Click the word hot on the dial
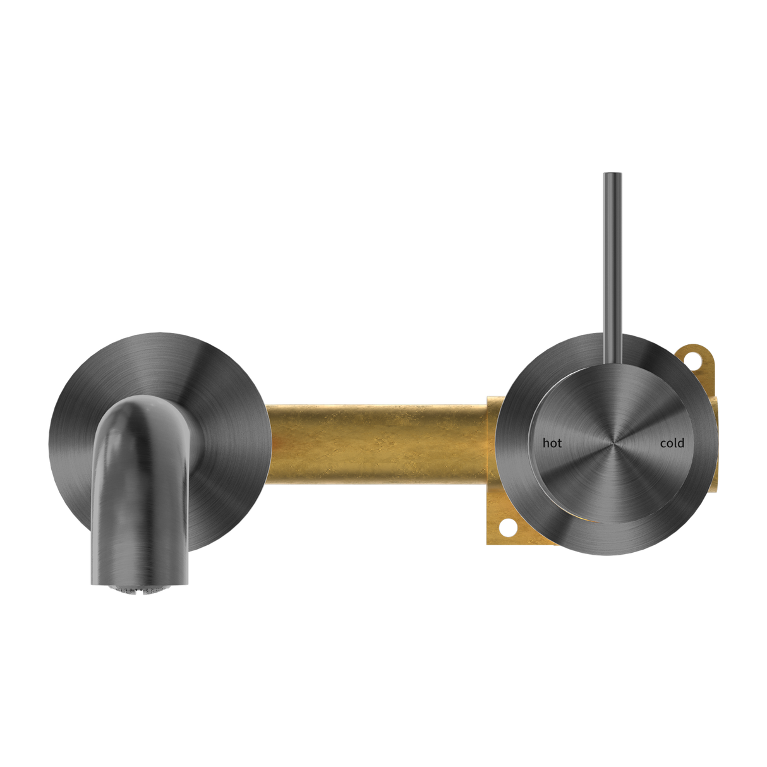pyautogui.click(x=552, y=444)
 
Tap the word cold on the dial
pyautogui.click(x=672, y=444)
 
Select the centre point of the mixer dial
pyautogui.click(x=612, y=444)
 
